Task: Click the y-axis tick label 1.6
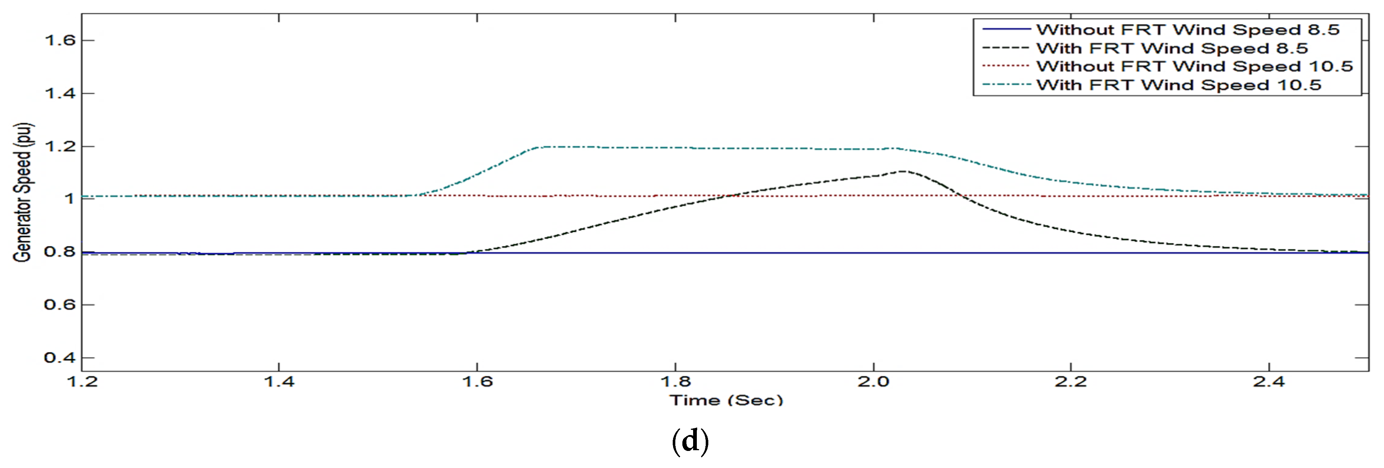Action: pyautogui.click(x=60, y=41)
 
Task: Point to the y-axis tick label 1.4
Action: pyautogui.click(x=60, y=93)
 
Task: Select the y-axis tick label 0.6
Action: pyautogui.click(x=60, y=305)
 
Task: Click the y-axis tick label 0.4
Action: pyautogui.click(x=60, y=358)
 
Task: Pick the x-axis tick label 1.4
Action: pyautogui.click(x=279, y=382)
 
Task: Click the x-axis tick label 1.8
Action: pyautogui.click(x=675, y=382)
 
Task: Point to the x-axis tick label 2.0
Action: pyautogui.click(x=874, y=382)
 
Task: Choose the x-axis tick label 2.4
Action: pyautogui.click(x=1269, y=382)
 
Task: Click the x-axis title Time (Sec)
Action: pyautogui.click(x=726, y=400)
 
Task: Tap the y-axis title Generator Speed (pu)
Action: pyautogui.click(x=23, y=192)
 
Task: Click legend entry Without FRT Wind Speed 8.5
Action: pyautogui.click(x=1188, y=30)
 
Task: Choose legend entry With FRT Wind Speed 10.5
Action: pyautogui.click(x=1178, y=85)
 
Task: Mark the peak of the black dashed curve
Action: pyautogui.click(x=903, y=171)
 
